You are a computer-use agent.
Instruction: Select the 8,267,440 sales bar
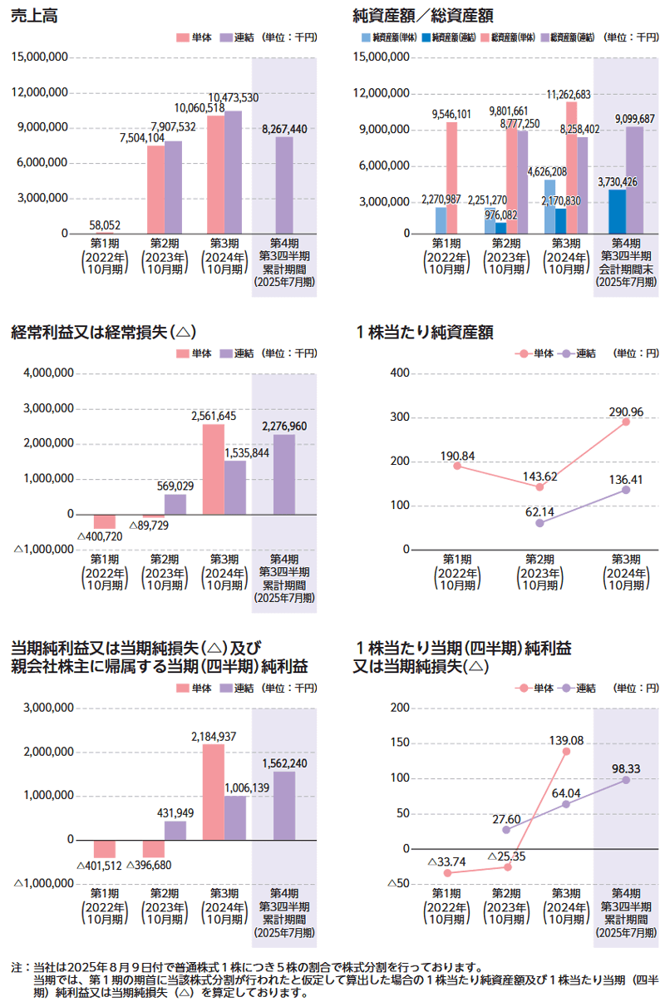point(285,185)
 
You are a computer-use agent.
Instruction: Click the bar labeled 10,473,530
point(233,172)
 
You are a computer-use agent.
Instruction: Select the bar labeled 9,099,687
point(634,180)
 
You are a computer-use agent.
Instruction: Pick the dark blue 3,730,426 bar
point(617,211)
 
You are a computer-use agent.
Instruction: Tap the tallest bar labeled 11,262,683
point(571,166)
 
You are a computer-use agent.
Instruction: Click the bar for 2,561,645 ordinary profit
point(213,469)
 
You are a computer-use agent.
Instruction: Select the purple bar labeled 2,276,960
point(284,474)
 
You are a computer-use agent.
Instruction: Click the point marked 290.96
point(626,422)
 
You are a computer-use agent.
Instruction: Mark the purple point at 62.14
point(539,523)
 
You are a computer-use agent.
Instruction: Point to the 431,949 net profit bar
point(175,830)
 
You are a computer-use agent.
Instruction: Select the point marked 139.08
point(566,751)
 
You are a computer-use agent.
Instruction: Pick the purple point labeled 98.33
point(626,779)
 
